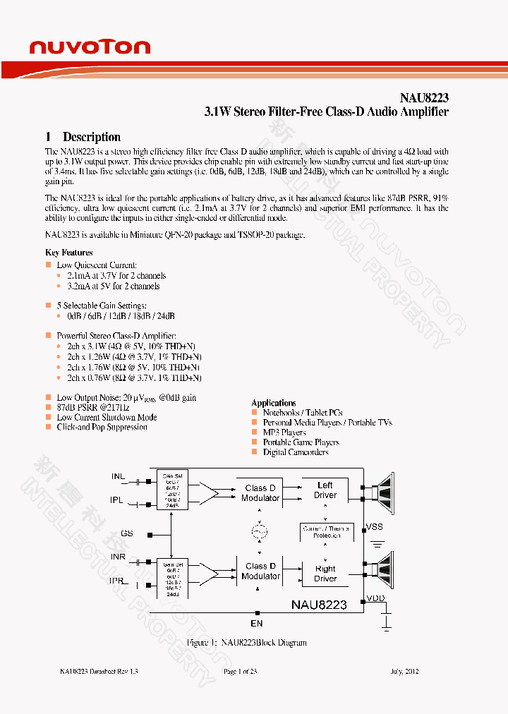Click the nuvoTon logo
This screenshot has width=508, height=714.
[x=90, y=47]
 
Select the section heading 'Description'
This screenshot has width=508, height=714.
[x=91, y=137]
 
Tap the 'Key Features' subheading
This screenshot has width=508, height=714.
[x=69, y=252]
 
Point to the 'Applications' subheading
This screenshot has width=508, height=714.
[x=274, y=402]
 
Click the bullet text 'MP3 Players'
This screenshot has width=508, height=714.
[x=284, y=432]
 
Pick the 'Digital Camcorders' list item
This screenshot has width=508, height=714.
[x=296, y=452]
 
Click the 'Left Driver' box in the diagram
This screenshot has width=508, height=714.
[x=325, y=490]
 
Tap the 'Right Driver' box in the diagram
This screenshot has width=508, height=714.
[x=325, y=573]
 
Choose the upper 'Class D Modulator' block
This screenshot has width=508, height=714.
[x=260, y=492]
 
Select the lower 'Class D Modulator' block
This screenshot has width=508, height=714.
[x=260, y=571]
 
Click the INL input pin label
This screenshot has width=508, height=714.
[x=118, y=477]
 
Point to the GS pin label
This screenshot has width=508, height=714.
[x=127, y=533]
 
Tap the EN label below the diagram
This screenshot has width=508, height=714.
[x=257, y=623]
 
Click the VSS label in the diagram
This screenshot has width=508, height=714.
[x=375, y=527]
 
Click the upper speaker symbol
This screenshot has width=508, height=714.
[x=385, y=490]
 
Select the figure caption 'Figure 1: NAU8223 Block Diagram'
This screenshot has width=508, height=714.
[x=246, y=643]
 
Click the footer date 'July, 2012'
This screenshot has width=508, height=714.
[x=404, y=671]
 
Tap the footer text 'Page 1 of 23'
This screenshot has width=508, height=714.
[x=240, y=671]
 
